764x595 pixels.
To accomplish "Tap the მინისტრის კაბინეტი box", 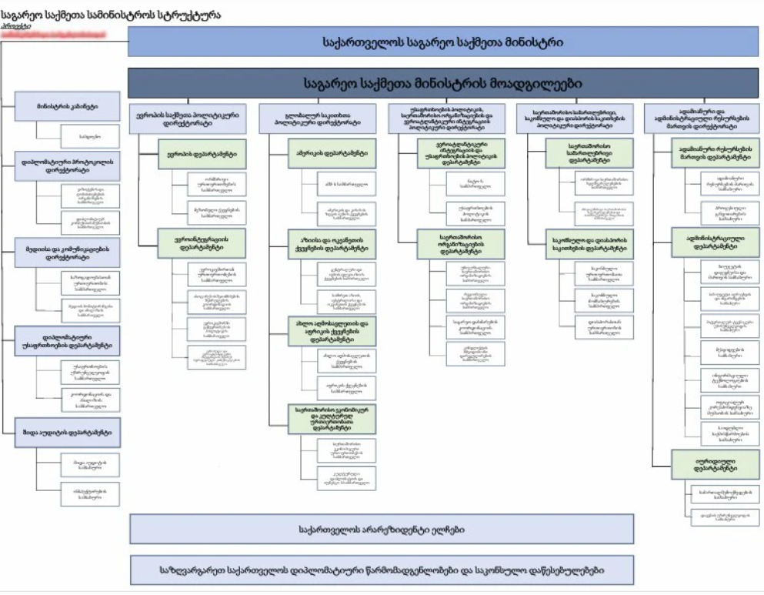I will pos(67,105).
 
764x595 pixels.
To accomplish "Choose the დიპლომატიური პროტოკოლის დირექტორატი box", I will pos(67,165).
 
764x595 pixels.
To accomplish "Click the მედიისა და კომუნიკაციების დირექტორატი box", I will pos(67,252).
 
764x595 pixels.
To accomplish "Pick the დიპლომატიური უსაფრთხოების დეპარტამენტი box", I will pos(67,340).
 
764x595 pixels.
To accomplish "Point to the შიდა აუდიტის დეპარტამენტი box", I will pos(67,433).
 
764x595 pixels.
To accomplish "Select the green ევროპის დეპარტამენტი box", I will pos(202,154).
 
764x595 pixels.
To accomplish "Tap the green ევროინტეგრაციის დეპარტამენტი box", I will pos(202,243).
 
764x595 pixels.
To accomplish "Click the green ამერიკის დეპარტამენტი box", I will pos(332,154).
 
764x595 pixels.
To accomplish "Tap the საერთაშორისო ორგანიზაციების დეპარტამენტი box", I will pos(460,243).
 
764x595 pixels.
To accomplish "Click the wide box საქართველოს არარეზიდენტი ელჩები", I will pos(381,530).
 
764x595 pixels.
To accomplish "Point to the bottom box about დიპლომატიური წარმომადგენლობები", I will pos(381,570).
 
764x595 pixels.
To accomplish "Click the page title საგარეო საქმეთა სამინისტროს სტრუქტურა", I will pos(112,14).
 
